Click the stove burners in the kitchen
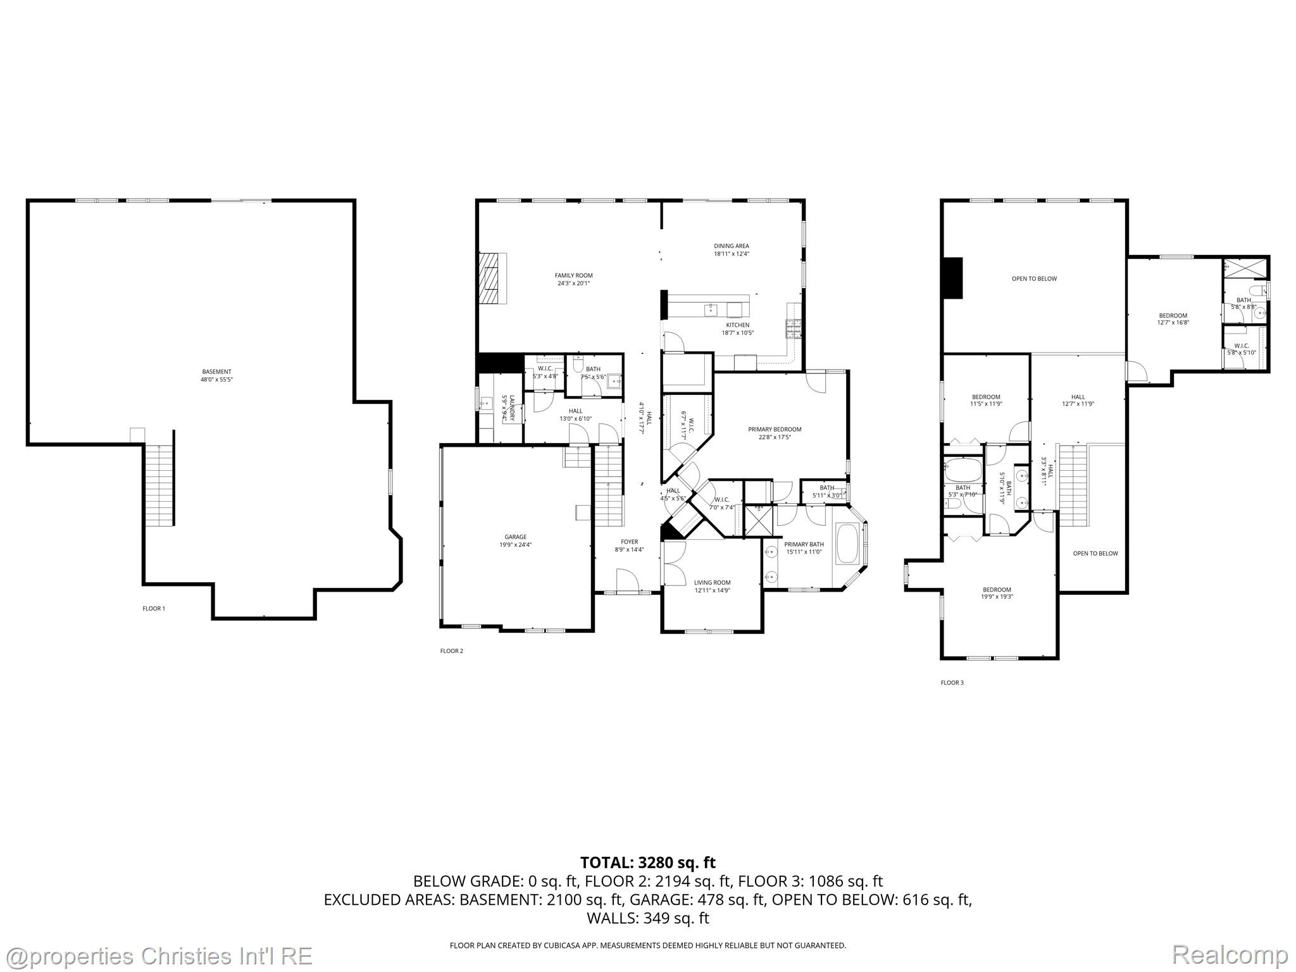[794, 327]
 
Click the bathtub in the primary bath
[847, 543]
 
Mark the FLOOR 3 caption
[952, 683]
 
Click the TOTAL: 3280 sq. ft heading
[647, 862]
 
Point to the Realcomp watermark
[1230, 954]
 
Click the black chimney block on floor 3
[952, 278]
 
